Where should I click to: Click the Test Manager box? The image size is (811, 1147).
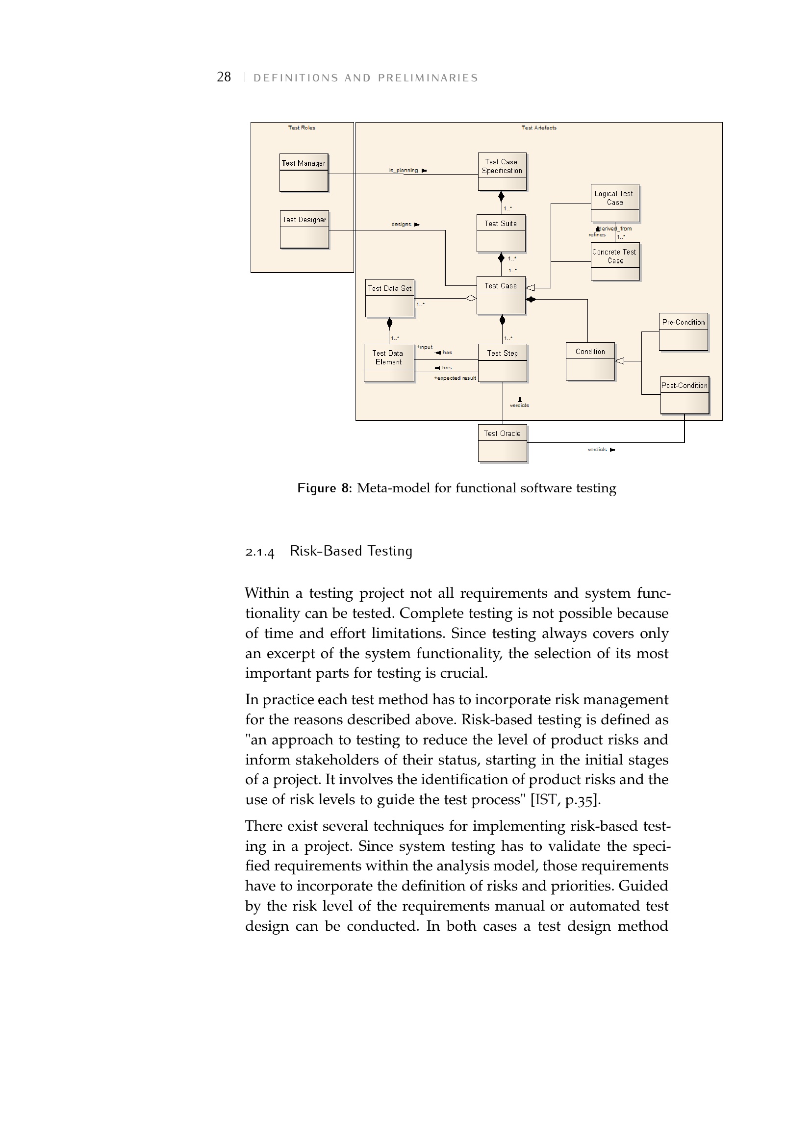coord(304,172)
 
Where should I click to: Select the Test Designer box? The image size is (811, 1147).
coord(304,229)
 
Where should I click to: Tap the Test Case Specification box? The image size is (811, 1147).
coord(502,171)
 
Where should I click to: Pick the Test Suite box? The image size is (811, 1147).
coord(501,233)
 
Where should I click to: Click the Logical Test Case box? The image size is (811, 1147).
coord(614,203)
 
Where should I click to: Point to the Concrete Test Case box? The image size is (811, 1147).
coord(615,261)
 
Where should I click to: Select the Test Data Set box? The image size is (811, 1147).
coord(389,298)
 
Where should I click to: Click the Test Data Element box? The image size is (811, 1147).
coord(388,363)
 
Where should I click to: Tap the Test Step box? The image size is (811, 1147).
coord(503,363)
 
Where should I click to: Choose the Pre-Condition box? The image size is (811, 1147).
coord(683,331)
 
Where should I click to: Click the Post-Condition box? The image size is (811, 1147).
coord(684,395)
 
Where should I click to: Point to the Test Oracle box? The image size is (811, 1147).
coord(503,443)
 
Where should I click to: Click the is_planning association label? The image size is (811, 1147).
coord(404,170)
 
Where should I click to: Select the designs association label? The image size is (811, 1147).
coord(402,224)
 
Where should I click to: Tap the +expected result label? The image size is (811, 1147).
coord(455,378)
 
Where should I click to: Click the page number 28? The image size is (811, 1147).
coord(224,77)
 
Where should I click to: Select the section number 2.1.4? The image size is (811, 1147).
coord(260,552)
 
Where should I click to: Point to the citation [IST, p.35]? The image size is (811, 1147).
coord(565,800)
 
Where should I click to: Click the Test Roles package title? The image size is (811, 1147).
coord(302,128)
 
